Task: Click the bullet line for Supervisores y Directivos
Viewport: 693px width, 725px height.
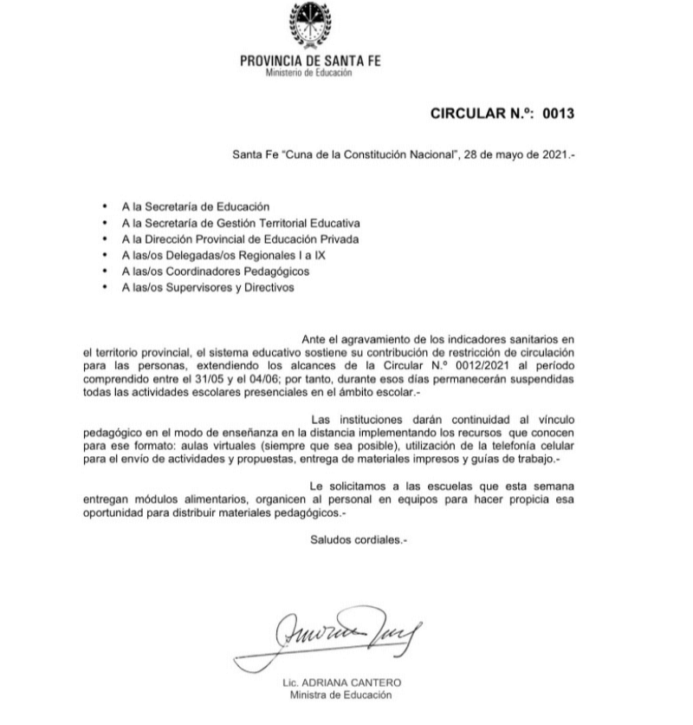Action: pos(209,287)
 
